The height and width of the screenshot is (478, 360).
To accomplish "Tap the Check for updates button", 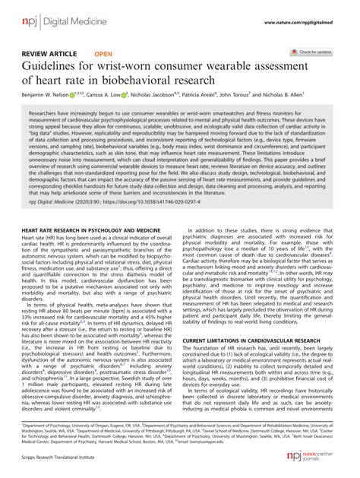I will tap(313, 52).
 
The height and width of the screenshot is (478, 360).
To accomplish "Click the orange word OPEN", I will tap(104, 55).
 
